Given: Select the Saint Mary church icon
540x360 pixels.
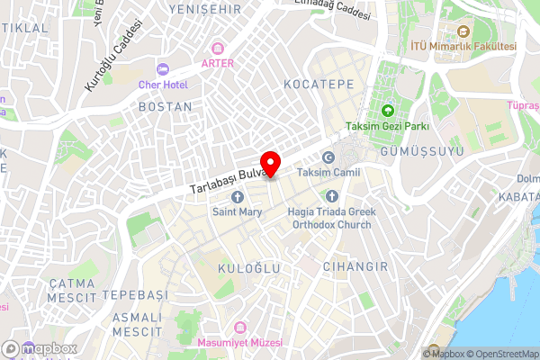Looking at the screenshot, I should [x=238, y=197].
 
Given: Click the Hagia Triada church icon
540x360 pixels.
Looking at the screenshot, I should [x=332, y=196].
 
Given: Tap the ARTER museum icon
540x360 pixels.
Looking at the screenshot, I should [x=216, y=48].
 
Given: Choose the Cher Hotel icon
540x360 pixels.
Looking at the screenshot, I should [x=163, y=69].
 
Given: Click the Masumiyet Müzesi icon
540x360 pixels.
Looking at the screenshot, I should [x=238, y=328].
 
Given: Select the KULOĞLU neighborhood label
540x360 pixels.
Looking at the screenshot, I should [x=250, y=268].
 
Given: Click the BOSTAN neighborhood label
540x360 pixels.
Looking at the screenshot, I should [x=165, y=106].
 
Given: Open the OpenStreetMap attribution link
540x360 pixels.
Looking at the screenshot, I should [x=502, y=354].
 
